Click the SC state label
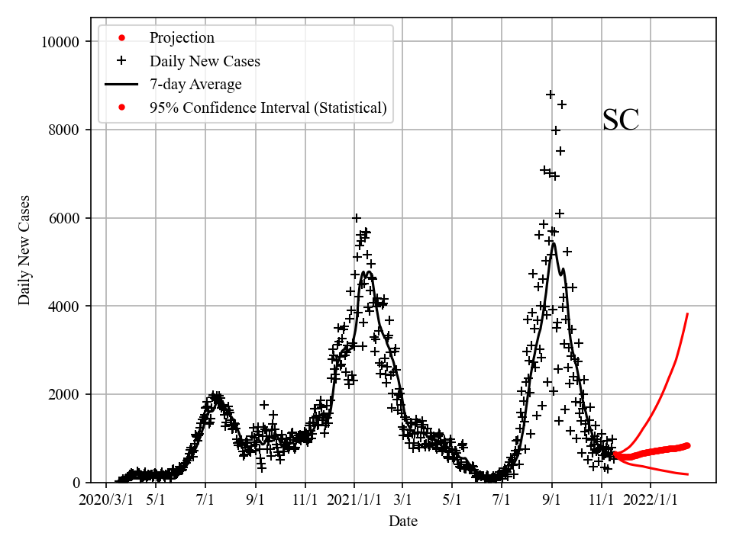[620, 120]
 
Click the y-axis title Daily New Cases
[24, 250]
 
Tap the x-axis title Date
[402, 522]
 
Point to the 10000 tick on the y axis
[60, 41]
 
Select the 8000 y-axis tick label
[64, 130]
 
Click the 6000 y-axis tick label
[64, 218]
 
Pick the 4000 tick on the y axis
[64, 307]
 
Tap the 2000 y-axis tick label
[64, 395]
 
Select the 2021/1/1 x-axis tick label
[355, 501]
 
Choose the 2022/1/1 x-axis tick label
[651, 501]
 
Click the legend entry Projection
[182, 37]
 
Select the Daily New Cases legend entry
[205, 61]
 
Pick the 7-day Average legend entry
[195, 85]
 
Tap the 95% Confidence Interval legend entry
[268, 108]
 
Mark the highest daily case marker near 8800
[550, 95]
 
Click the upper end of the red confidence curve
[688, 313]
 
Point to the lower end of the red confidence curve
[688, 474]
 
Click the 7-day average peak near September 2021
[553, 244]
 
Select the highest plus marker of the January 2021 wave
[357, 218]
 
